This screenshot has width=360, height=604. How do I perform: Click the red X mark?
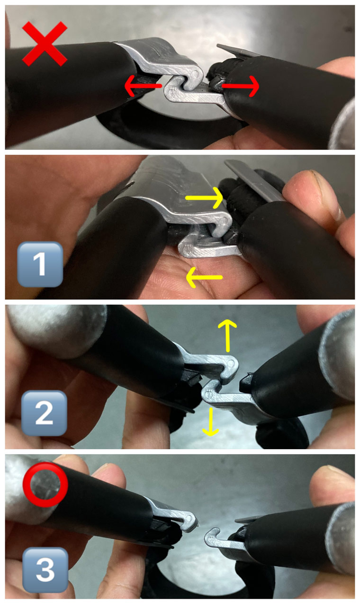(x=45, y=44)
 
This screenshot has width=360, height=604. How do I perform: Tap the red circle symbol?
(x=45, y=485)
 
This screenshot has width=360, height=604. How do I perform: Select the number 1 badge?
(x=40, y=264)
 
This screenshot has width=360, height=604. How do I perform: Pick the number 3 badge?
(x=45, y=570)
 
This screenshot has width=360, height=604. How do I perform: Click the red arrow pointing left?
(x=143, y=86)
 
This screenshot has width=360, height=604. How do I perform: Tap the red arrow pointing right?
(x=240, y=86)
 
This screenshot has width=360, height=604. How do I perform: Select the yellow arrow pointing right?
(x=204, y=198)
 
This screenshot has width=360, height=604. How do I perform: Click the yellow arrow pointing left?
(x=204, y=277)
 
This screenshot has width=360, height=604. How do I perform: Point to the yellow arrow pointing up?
(x=227, y=336)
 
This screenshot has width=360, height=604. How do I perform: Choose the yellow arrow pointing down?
(x=211, y=422)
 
